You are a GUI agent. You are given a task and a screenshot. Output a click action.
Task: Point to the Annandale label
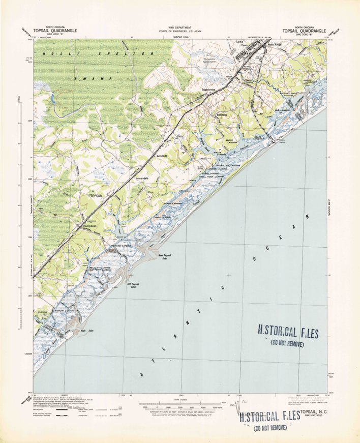point(142,179)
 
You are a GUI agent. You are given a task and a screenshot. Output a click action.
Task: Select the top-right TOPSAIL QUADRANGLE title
point(307,31)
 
